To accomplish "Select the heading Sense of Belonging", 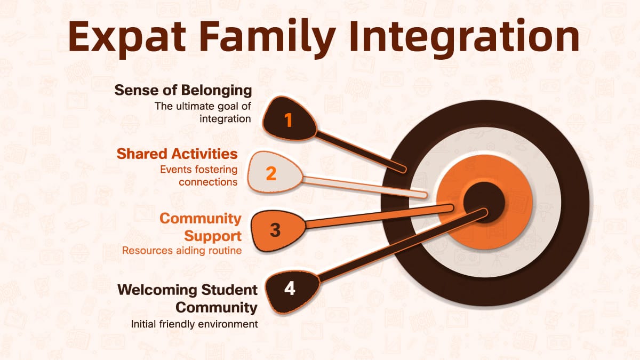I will tap(183, 90).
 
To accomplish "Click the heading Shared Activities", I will tap(177, 154).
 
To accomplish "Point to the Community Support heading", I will tap(201, 227).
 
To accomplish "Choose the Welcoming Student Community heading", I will tap(188, 299).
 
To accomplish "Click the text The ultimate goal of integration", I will tap(203, 112).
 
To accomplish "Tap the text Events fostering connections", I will tap(198, 175).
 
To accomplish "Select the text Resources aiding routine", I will tap(182, 250).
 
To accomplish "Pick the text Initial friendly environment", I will tap(195, 324).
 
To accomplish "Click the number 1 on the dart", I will tap(289, 121).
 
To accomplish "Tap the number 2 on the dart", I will tap(271, 173).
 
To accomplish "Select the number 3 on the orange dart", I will tap(275, 230).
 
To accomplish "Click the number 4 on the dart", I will tap(289, 289).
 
